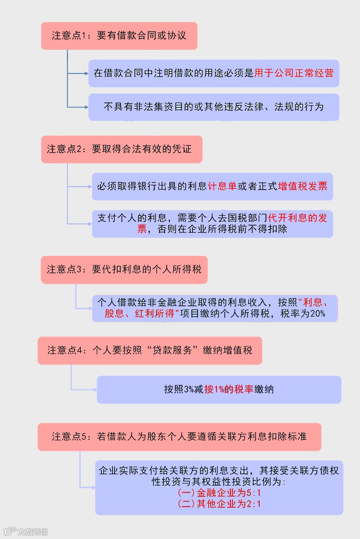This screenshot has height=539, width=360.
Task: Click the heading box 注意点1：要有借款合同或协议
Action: (x=119, y=36)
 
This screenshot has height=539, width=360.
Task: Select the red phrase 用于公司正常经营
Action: (x=294, y=73)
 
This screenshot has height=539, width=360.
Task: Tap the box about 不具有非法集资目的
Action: (x=213, y=107)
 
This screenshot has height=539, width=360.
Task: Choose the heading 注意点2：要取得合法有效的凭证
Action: (x=121, y=149)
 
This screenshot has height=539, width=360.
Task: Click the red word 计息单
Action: (x=222, y=186)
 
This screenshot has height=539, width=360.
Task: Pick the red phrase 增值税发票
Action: (x=302, y=186)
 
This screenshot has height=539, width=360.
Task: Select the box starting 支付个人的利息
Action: (x=212, y=224)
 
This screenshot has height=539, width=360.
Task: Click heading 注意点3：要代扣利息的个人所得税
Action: (x=124, y=269)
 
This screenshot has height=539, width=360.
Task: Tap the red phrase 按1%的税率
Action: (x=229, y=389)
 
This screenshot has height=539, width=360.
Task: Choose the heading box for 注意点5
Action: (x=179, y=436)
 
